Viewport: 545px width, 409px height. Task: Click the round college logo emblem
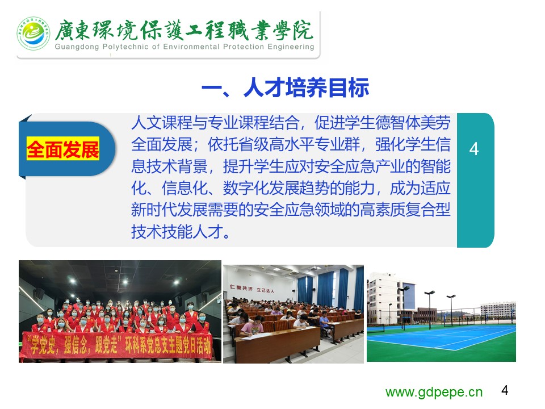click(x=33, y=34)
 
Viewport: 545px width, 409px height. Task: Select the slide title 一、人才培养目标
click(x=285, y=87)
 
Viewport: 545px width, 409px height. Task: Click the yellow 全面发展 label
click(x=63, y=149)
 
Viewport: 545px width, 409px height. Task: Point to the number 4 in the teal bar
click(x=473, y=149)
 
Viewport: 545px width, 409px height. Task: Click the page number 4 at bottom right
click(x=505, y=390)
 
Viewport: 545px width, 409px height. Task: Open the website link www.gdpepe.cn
click(x=434, y=392)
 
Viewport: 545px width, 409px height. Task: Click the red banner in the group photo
click(x=117, y=345)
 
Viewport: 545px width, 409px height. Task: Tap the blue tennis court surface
click(x=442, y=336)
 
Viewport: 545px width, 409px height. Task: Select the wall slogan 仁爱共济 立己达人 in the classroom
click(x=251, y=289)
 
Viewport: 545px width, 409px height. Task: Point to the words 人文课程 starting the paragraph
click(x=162, y=123)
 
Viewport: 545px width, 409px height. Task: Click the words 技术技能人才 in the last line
click(x=177, y=231)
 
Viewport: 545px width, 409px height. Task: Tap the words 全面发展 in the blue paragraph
click(x=162, y=144)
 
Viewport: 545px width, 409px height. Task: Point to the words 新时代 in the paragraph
click(x=154, y=210)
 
